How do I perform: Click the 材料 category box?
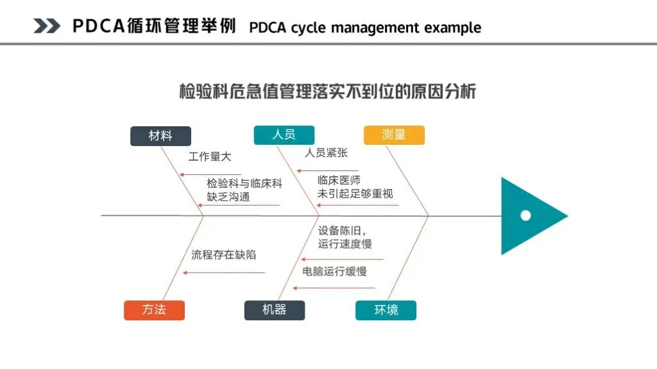pos(160,136)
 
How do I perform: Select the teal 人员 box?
pos(284,135)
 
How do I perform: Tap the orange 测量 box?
pos(394,135)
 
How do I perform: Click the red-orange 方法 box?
pos(154,310)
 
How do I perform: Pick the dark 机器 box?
pos(274,310)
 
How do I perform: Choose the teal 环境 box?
pos(386,310)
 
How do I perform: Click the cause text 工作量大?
pos(210,156)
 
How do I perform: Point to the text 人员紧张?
pos(326,153)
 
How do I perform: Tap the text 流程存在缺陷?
pos(223,254)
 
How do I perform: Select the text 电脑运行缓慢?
pos(334,272)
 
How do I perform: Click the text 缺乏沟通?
pos(228,197)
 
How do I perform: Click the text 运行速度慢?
pos(345,243)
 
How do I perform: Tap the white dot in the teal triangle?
pos(525,215)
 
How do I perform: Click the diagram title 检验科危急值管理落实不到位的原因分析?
pos(327,91)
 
